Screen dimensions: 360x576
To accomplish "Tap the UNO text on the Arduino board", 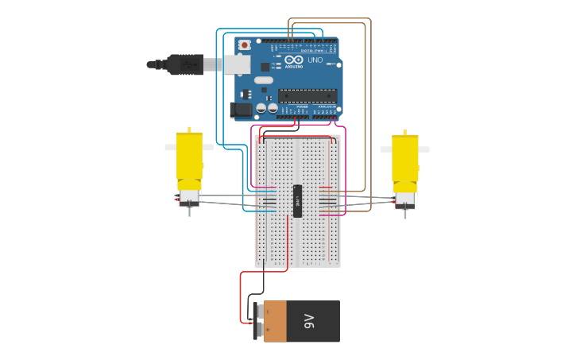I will (315, 60).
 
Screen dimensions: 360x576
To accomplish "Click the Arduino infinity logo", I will (294, 60).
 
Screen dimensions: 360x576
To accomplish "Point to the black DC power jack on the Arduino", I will (241, 110).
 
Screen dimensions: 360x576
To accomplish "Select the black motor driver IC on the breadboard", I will (298, 200).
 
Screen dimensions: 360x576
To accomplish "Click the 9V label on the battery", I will (310, 321).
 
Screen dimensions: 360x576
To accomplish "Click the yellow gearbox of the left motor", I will (189, 159).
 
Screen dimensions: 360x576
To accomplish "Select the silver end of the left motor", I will (189, 197).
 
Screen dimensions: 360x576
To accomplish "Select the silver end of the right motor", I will (405, 198).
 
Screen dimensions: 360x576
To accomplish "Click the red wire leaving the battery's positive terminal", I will (242, 302).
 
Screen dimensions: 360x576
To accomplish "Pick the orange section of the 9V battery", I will (276, 321).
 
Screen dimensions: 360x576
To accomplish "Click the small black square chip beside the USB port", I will (264, 68).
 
